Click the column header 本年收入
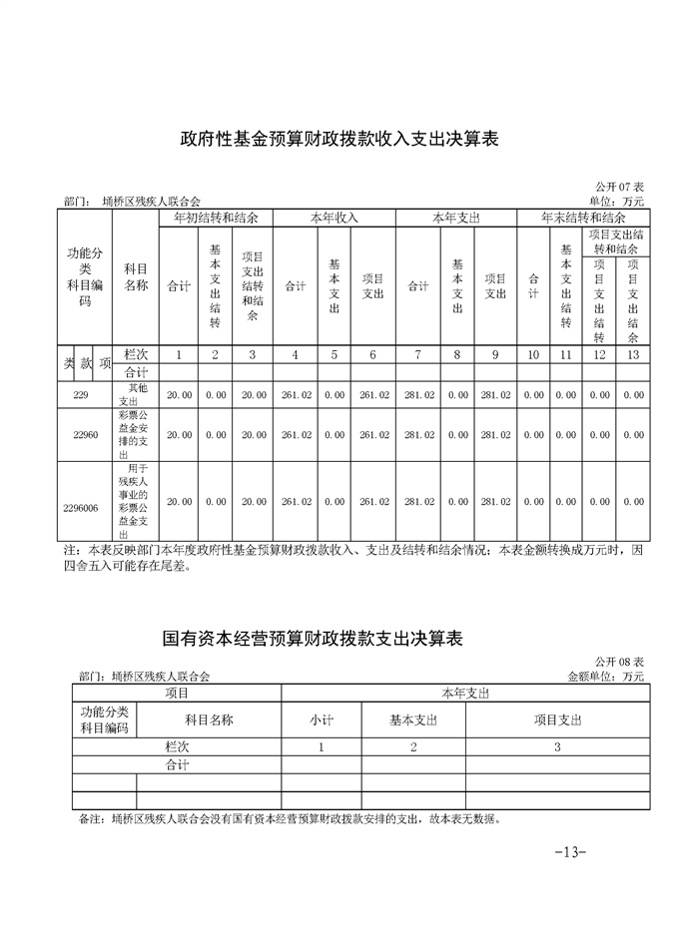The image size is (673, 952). [x=335, y=218]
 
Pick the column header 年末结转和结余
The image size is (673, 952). [x=583, y=217]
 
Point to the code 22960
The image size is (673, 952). [x=85, y=435]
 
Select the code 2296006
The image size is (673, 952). [x=81, y=508]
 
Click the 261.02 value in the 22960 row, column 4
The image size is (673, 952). [x=297, y=435]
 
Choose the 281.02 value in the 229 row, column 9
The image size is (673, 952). [x=495, y=395]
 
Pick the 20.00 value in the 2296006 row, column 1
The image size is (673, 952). [x=180, y=502]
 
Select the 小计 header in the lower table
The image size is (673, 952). [x=321, y=719]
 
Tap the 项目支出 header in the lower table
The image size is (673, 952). [x=557, y=719]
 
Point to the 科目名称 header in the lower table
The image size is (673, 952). [x=209, y=719]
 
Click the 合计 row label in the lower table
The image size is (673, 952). [x=177, y=765]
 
